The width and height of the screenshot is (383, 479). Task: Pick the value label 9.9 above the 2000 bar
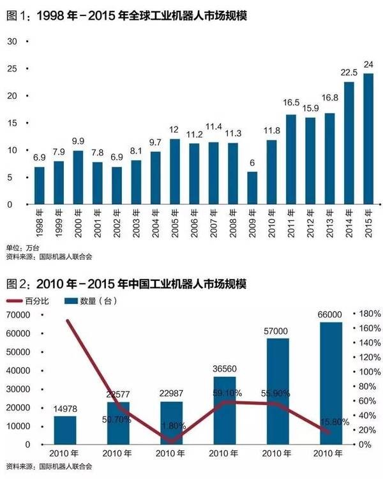click(78, 142)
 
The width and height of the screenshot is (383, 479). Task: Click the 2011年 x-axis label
click(292, 223)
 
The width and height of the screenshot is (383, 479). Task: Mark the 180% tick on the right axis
click(369, 314)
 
